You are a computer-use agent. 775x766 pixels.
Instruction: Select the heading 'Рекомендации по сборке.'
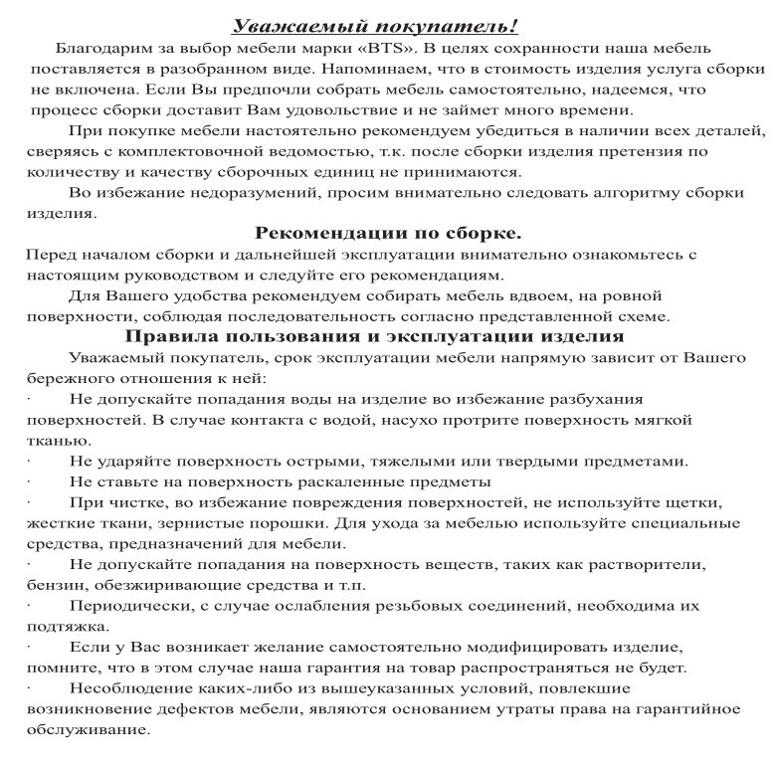coord(388,234)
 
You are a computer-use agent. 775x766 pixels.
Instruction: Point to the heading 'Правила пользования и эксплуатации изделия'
coord(388,336)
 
